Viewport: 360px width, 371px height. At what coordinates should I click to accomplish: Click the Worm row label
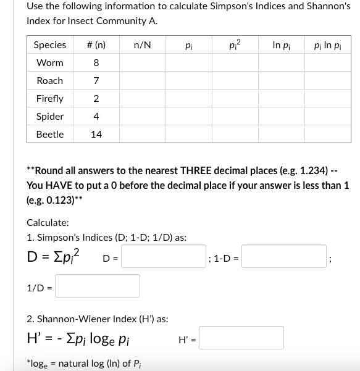click(x=49, y=63)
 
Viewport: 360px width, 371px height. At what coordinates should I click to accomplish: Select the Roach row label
click(x=49, y=81)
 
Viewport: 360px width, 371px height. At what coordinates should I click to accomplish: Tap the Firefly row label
click(x=49, y=99)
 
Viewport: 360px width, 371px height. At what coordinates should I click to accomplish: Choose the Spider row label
click(x=49, y=117)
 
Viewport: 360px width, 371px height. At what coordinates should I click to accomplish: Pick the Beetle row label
click(x=49, y=134)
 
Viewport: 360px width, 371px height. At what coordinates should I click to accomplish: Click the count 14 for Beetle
click(x=96, y=134)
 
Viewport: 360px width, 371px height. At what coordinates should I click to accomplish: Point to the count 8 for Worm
click(x=96, y=63)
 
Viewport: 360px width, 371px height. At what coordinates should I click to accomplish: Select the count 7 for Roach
click(x=96, y=81)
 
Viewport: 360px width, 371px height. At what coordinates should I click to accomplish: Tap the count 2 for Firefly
click(x=96, y=99)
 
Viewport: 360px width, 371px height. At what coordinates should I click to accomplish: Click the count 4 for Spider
click(x=96, y=117)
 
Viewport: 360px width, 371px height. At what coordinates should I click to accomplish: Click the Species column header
click(x=49, y=45)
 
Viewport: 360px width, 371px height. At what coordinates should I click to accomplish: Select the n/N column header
click(x=143, y=45)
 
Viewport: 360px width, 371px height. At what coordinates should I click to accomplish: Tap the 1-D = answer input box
click(x=284, y=256)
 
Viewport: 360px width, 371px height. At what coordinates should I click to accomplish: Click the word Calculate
click(x=48, y=223)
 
